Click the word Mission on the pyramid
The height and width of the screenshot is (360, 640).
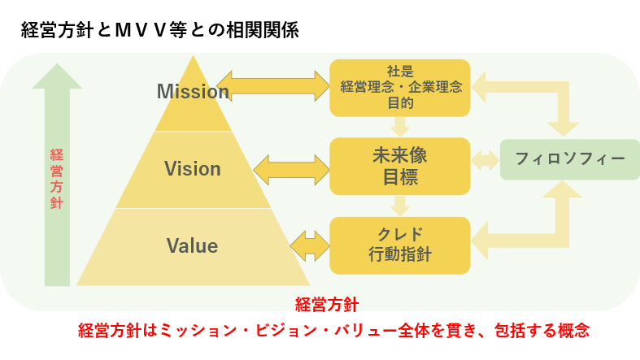pos(193,91)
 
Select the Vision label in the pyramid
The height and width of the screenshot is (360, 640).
pos(193,169)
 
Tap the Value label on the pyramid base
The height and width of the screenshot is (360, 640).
pos(192,246)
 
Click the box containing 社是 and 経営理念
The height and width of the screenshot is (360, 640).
pos(400,88)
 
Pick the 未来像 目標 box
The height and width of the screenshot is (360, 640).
pos(400,167)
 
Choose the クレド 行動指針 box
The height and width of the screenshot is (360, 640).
pos(400,245)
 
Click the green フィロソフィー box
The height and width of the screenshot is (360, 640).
pos(570,159)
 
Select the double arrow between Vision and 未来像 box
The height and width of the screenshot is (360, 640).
pos(291,170)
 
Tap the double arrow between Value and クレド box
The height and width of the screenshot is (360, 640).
pos(310,246)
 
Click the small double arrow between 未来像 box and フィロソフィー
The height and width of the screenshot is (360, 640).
pos(485,160)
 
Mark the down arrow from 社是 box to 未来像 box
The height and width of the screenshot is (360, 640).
pos(400,127)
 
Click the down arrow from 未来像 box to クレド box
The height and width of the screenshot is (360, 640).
pos(400,206)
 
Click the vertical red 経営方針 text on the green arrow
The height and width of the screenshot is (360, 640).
pos(57,179)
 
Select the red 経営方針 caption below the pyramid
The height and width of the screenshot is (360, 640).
pos(327,305)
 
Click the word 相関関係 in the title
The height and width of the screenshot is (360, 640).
pos(263,30)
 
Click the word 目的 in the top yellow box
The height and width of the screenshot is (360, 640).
pos(400,102)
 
